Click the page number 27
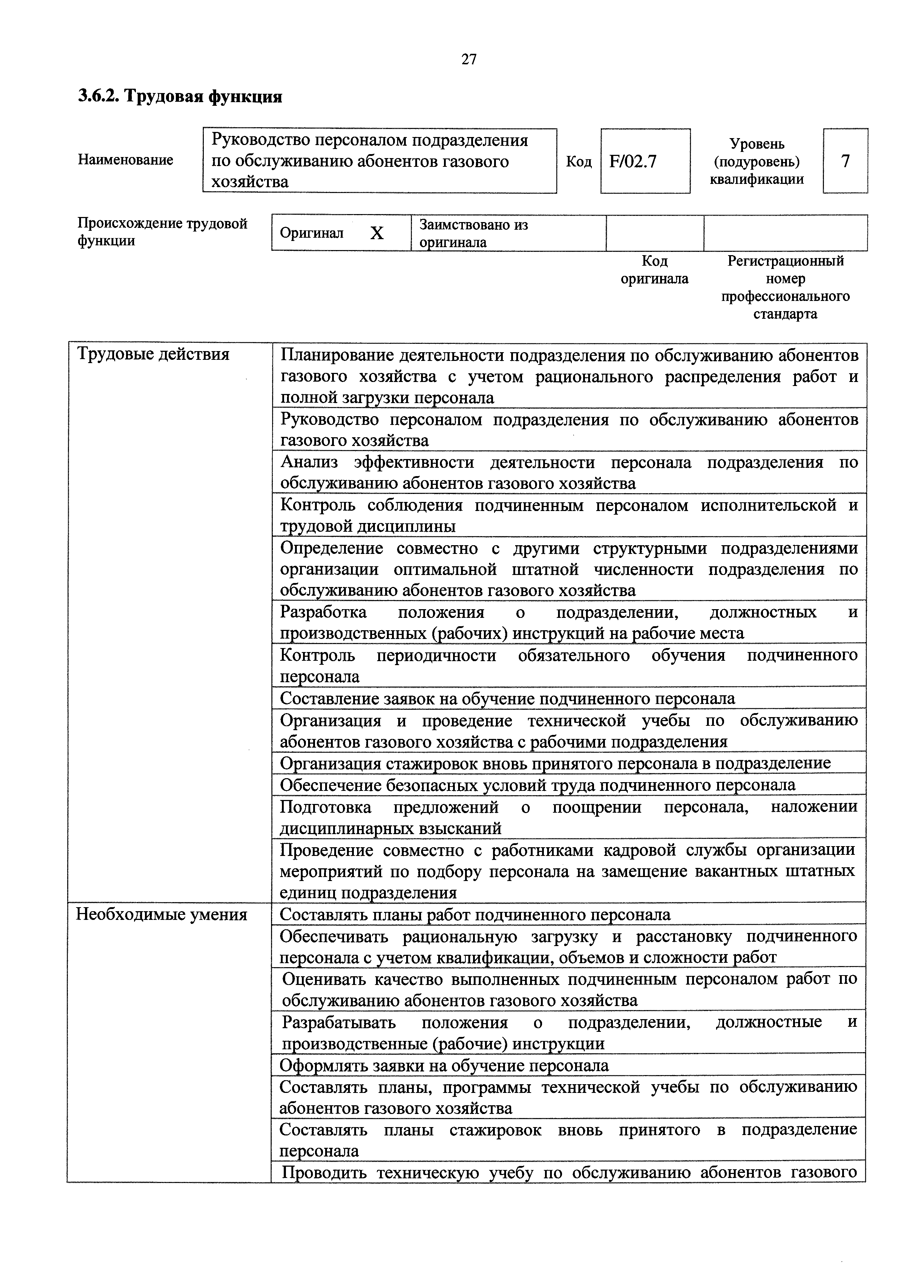(469, 59)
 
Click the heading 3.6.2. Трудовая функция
(180, 97)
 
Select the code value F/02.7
(633, 162)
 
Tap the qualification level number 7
(845, 162)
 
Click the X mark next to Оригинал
(377, 233)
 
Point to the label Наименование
(125, 160)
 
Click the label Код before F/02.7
(578, 162)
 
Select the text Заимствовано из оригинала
(473, 233)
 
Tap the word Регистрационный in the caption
(785, 261)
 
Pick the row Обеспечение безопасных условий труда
(537, 785)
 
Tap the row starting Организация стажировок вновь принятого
(555, 763)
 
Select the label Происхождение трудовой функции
(162, 232)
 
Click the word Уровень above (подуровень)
(757, 144)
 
